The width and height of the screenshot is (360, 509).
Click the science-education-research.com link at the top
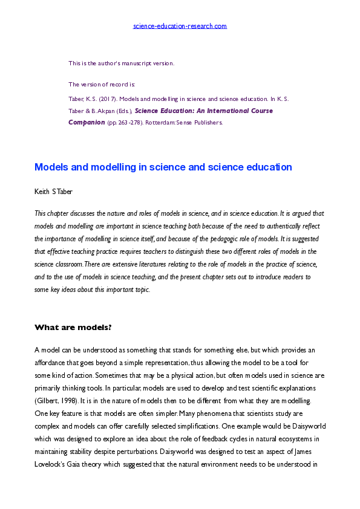pyautogui.click(x=180, y=26)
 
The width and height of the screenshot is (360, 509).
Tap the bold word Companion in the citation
pyautogui.click(x=87, y=122)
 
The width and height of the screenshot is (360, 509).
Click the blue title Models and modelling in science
pyautogui.click(x=163, y=167)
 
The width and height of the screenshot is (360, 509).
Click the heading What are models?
pyautogui.click(x=73, y=328)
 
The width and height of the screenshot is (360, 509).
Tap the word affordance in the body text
pyautogui.click(x=52, y=361)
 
